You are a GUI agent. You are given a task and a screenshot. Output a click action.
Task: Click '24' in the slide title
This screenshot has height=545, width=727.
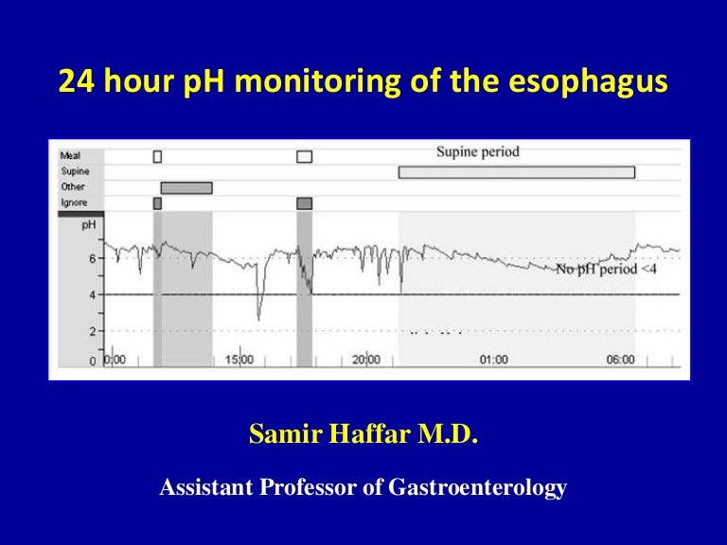(75, 81)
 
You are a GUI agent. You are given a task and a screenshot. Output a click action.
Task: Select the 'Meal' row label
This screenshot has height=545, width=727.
(70, 156)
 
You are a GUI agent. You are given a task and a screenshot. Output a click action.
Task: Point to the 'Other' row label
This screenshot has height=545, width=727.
(72, 187)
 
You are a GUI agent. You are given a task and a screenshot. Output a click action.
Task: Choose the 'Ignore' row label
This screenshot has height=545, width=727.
(73, 202)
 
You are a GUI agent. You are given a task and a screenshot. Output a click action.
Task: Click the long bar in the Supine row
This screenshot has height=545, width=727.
(516, 172)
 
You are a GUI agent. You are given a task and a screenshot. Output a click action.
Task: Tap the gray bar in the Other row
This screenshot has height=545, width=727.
(186, 187)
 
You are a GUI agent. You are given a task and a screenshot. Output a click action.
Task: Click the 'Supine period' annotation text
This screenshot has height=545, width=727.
(477, 152)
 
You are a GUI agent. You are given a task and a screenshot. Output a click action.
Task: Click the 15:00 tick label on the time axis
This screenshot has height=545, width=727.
(240, 360)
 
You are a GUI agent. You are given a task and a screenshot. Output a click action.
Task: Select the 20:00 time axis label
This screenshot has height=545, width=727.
(365, 360)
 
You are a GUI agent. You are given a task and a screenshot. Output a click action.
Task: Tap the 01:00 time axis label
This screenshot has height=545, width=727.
(493, 360)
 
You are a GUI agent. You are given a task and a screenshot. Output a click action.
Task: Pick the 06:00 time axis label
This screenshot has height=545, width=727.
(621, 360)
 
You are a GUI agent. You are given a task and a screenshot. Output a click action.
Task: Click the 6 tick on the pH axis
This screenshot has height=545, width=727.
(92, 258)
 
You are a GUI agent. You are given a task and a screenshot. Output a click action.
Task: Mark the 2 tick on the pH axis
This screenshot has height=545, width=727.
(92, 331)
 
